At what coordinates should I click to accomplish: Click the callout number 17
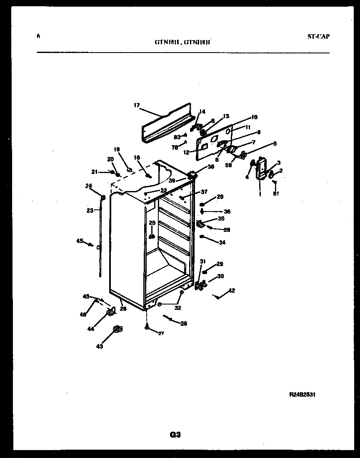click(x=137, y=106)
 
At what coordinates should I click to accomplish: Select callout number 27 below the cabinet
click(x=161, y=333)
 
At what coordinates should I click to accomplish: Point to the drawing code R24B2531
click(x=305, y=394)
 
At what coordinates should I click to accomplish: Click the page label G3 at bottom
click(x=175, y=435)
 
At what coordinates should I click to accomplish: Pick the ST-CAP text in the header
click(x=318, y=37)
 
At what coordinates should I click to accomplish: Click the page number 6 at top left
click(x=38, y=36)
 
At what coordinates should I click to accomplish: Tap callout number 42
click(x=232, y=291)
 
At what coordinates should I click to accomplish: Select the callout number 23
click(x=90, y=211)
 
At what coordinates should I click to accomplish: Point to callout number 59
click(x=227, y=230)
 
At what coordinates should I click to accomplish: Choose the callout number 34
click(x=222, y=242)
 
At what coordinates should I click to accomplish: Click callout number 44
click(x=90, y=329)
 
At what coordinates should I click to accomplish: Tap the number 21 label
click(x=94, y=171)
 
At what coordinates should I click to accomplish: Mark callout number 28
click(x=183, y=323)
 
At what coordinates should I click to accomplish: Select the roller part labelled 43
click(x=117, y=330)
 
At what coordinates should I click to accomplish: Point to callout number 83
click(x=177, y=136)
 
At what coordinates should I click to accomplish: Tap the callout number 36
click(x=227, y=211)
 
